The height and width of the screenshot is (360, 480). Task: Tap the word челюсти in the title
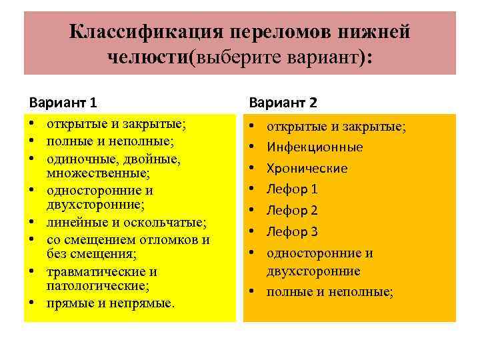pyautogui.click(x=148, y=57)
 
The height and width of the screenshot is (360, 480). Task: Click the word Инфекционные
pyautogui.click(x=315, y=147)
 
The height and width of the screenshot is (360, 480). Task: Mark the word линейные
pyautogui.click(x=73, y=222)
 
